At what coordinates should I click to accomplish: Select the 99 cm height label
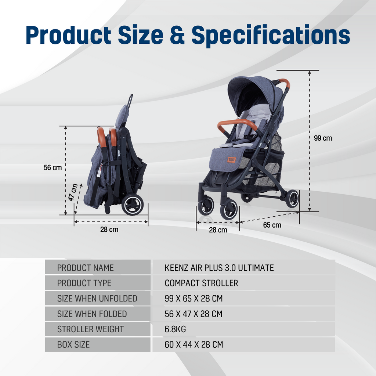coord(323,138)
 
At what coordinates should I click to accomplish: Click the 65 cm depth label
coord(272,225)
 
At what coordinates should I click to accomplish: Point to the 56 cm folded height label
coord(53,167)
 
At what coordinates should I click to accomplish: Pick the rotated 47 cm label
coord(73,192)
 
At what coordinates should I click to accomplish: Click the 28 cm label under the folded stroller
coord(109,230)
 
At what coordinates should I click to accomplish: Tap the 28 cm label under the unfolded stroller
coord(218,230)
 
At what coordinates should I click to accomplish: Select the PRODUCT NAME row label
coord(85,268)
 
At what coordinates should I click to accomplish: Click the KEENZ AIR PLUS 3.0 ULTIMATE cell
coord(219,268)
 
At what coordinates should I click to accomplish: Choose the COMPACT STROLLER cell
coord(201,283)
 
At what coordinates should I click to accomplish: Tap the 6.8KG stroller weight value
coord(175,329)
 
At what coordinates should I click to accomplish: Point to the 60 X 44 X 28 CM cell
coord(194,345)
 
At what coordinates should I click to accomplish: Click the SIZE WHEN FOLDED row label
coord(92,314)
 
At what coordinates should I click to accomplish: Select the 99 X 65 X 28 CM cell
coord(194,299)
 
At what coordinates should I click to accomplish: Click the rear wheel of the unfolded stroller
coord(292,199)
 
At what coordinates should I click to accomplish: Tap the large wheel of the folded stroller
coord(132,205)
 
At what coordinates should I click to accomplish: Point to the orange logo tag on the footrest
coord(231,159)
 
